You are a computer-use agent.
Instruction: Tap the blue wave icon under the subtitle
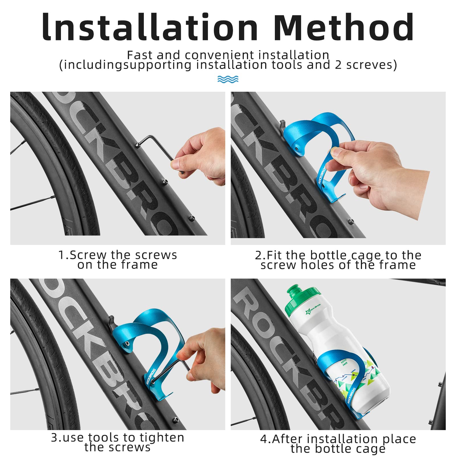[228, 79]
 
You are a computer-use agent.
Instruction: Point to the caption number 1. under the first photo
[63, 255]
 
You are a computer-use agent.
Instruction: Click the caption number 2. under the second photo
[260, 255]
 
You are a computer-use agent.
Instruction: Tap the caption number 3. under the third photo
[56, 437]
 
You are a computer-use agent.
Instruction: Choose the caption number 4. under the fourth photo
[265, 439]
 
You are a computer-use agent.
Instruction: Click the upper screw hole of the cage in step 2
[297, 148]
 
